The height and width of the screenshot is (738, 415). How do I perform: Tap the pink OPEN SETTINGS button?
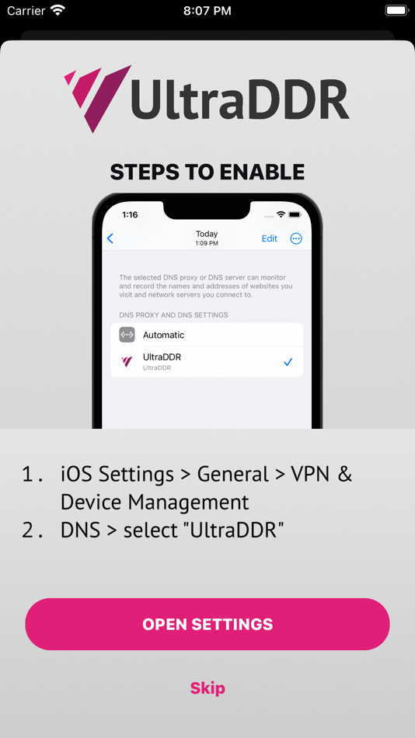click(207, 624)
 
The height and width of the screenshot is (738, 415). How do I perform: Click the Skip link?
click(207, 688)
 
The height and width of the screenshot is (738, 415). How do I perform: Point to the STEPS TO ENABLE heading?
click(207, 172)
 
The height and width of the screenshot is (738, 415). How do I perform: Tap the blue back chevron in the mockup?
click(110, 238)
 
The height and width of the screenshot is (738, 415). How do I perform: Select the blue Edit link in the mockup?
click(270, 238)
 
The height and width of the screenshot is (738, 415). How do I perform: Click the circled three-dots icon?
click(296, 238)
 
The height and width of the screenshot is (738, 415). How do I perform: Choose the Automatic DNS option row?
click(207, 335)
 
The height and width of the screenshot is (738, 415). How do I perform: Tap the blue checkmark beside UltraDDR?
click(288, 362)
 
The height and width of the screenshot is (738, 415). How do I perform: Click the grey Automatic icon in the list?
click(127, 335)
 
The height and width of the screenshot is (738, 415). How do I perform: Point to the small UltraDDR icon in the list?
click(127, 361)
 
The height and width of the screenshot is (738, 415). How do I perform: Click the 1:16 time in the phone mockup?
click(130, 214)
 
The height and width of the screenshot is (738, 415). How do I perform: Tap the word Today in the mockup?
click(207, 234)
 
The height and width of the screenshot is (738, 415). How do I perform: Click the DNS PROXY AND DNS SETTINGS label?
click(173, 315)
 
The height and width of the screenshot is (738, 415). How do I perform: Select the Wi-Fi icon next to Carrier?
click(58, 10)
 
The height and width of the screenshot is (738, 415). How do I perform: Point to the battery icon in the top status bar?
click(397, 10)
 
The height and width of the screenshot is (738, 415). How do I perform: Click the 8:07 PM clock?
click(207, 11)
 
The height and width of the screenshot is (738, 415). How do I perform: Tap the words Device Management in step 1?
click(155, 502)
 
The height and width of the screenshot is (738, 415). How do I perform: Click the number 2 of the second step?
click(27, 531)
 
